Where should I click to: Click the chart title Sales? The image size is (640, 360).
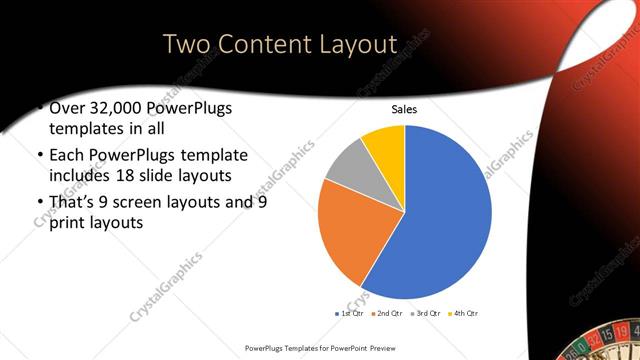coord(404,110)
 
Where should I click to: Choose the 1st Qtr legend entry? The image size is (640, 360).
coord(349,314)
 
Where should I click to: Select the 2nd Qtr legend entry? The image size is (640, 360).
coord(389,314)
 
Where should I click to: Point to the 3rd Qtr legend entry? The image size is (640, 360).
coord(429,314)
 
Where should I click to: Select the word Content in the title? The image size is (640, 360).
coord(268,45)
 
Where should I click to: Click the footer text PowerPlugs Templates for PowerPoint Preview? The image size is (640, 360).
coord(319,347)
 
